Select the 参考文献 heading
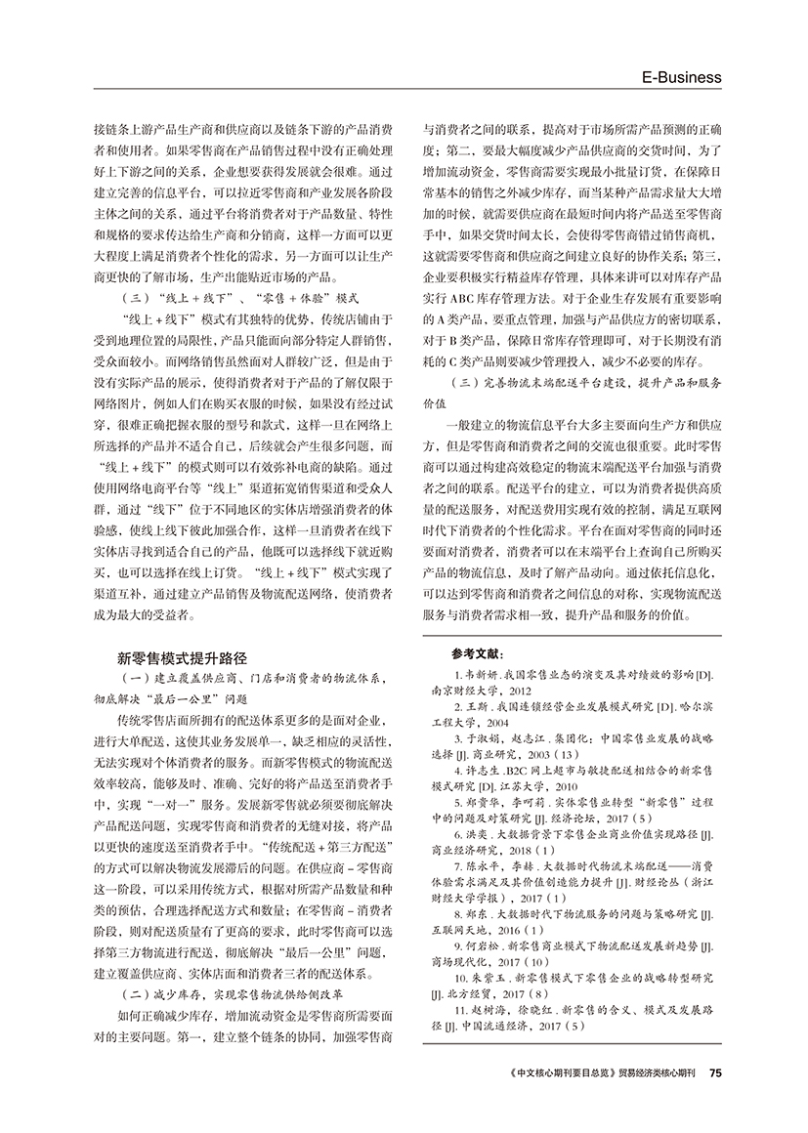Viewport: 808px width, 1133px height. [475, 654]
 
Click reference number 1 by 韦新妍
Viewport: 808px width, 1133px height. [459, 676]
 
